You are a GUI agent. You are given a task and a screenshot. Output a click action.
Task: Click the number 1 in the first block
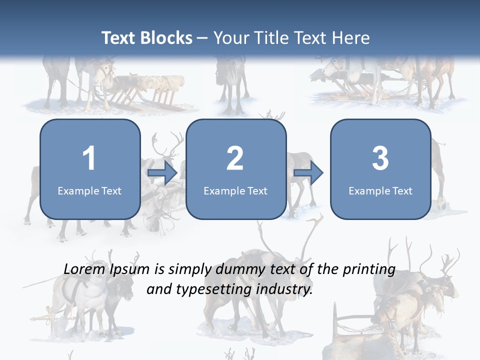coord(89,158)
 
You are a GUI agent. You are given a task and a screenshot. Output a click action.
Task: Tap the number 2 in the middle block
coord(235,158)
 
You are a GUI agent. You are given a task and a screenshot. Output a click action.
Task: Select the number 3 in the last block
coord(380,158)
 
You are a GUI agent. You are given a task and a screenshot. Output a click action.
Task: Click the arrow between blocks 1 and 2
coord(162,173)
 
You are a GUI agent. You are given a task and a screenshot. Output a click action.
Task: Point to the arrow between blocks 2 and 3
coord(308,173)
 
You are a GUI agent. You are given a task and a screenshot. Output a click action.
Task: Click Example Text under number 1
coord(89,190)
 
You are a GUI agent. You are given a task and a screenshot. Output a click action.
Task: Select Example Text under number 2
coord(235,190)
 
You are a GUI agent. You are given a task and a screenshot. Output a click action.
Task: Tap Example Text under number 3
coord(380,190)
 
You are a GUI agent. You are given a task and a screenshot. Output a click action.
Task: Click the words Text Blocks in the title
coord(147,38)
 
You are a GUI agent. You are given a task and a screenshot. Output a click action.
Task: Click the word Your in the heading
coord(229,38)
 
